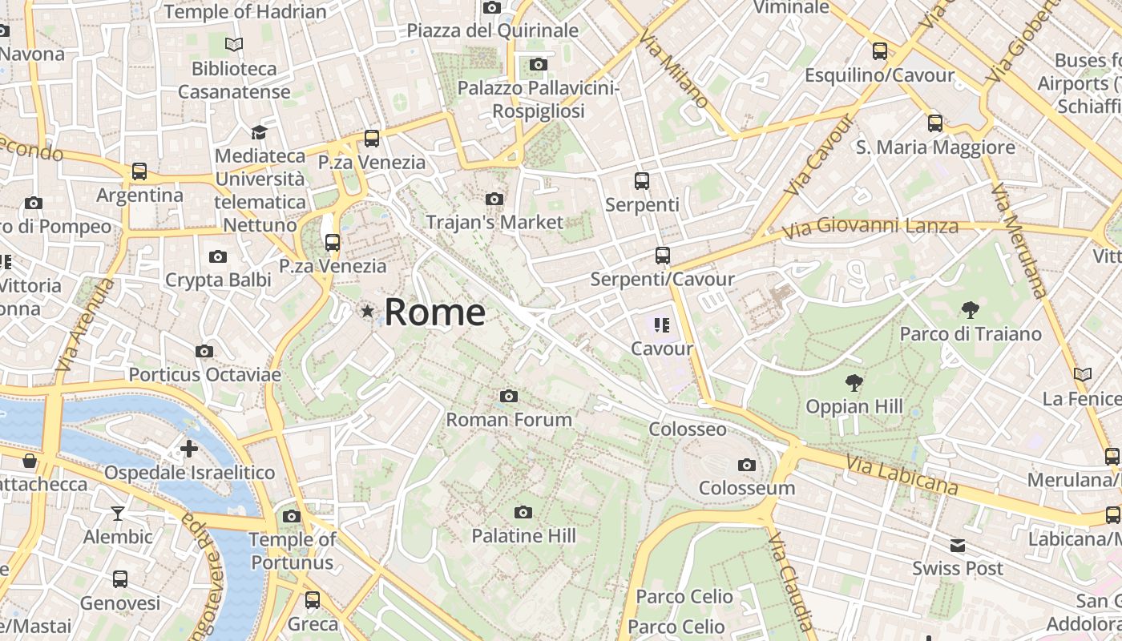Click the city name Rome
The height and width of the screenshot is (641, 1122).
(434, 312)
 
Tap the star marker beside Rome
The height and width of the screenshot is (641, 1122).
(368, 311)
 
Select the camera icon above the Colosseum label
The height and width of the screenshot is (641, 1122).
(747, 465)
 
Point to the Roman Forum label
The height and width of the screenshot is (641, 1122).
(509, 419)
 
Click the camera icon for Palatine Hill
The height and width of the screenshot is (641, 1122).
(523, 512)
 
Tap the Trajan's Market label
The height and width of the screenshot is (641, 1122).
(494, 222)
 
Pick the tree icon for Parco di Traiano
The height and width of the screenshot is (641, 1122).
(971, 310)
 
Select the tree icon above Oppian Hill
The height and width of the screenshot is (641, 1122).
(854, 383)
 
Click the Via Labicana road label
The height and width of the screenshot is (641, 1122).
(902, 474)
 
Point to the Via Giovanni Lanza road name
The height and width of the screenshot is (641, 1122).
(870, 228)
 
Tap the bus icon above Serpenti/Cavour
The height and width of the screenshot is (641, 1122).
(662, 256)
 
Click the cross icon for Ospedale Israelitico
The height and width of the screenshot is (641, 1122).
(189, 449)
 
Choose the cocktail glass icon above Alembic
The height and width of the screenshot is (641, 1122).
(118, 513)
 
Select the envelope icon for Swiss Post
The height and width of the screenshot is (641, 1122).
(958, 546)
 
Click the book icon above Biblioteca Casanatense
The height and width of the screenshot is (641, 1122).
(234, 45)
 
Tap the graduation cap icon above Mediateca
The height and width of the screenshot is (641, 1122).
(259, 132)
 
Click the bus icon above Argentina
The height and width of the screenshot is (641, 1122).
(139, 171)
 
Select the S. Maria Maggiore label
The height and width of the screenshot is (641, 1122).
(935, 147)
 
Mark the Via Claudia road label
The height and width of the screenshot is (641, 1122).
(790, 579)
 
